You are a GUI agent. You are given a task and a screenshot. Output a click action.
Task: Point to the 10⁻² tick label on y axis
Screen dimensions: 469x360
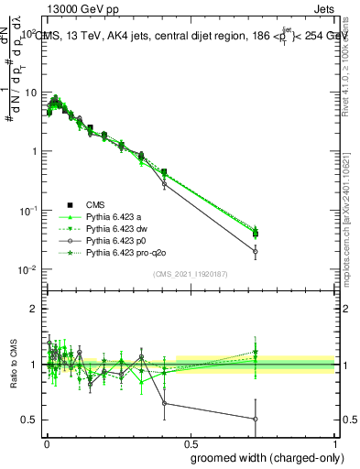[29, 269]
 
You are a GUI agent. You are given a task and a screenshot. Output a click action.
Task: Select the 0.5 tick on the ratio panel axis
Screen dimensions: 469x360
[32, 420]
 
